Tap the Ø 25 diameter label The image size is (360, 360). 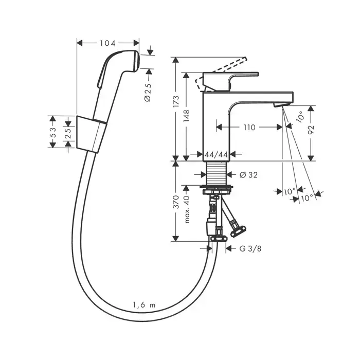(x=148, y=91)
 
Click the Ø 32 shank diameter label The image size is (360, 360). (x=249, y=175)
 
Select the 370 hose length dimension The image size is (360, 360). (x=176, y=202)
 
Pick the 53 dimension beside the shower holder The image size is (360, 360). (x=53, y=132)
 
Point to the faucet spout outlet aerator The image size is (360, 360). (x=279, y=105)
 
